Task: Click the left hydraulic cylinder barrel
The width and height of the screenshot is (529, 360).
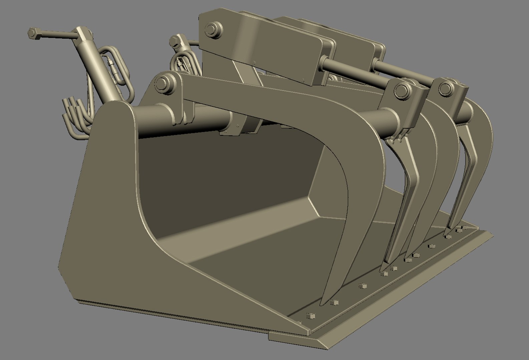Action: click(97, 73)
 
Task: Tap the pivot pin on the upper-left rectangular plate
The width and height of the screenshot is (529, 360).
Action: click(211, 29)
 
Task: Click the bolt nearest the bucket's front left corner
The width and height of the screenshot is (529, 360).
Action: click(310, 315)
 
